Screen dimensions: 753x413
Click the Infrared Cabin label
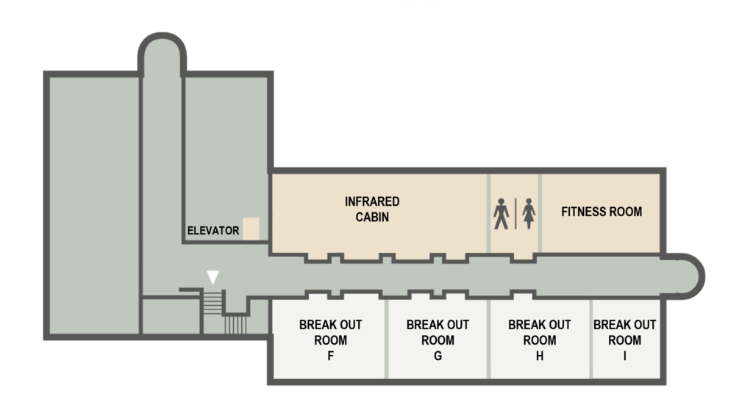[x=372, y=209]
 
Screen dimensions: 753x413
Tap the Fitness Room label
[x=602, y=212]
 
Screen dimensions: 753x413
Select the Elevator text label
[x=213, y=231]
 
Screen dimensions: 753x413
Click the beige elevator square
[x=251, y=229]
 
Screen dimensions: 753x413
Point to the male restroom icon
[x=501, y=213]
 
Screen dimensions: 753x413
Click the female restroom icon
[x=529, y=213]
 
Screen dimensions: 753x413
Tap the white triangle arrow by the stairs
[x=213, y=277]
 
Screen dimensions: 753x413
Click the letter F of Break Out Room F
[x=330, y=356]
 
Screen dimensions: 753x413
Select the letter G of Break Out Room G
[x=438, y=356]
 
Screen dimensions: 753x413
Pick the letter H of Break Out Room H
[x=540, y=356]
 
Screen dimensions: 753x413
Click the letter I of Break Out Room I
[x=625, y=356]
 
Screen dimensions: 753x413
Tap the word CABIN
[x=372, y=218]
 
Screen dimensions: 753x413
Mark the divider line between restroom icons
[x=515, y=213]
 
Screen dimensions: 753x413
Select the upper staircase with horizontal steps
[x=213, y=302]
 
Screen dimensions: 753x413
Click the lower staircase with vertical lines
[x=235, y=324]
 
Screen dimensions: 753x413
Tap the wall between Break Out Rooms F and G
[x=386, y=339]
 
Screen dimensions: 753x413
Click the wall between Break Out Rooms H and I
[x=591, y=339]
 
